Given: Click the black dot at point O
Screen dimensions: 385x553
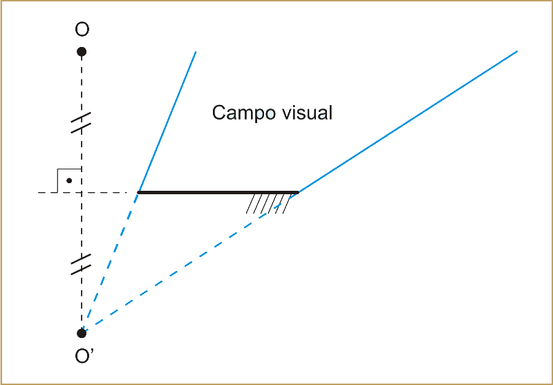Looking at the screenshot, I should (82, 52).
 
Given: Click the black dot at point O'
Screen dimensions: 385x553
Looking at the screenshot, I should (82, 333).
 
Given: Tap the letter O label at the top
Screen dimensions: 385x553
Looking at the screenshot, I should (82, 30).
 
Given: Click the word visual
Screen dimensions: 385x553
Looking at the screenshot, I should (305, 113).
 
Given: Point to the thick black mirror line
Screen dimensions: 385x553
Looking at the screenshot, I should (218, 192).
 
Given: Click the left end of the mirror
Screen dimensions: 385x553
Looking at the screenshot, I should (139, 192).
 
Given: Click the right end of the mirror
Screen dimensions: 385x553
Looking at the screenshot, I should (298, 192).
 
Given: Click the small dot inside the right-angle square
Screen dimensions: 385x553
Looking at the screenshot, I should (69, 181).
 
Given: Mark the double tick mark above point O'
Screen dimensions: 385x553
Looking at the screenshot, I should (82, 264).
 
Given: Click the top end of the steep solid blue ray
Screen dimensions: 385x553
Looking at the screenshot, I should (196, 51).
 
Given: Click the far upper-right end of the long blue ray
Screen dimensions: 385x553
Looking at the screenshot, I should (517, 51).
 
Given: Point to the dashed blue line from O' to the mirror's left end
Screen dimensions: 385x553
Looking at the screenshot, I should (111, 262).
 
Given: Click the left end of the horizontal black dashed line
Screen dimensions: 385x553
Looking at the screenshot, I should (39, 192).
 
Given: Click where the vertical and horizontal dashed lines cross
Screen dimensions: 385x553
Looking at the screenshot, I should (82, 192).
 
